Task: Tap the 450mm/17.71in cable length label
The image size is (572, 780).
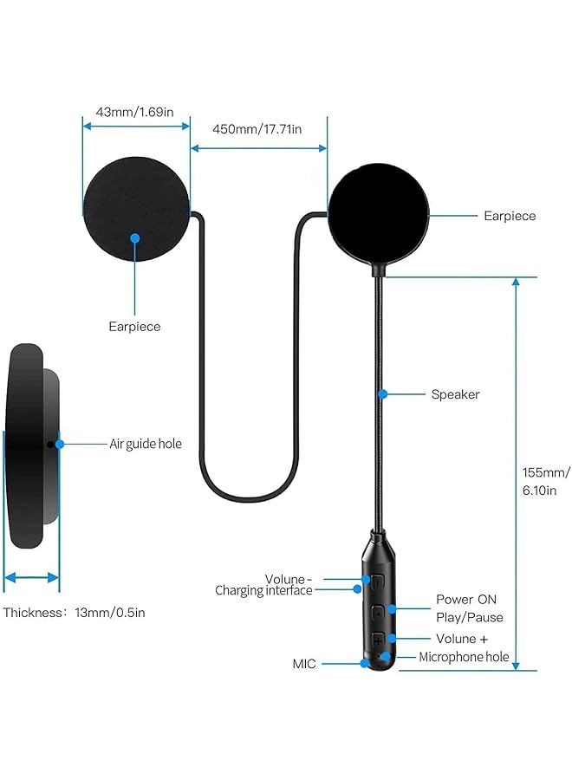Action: click(258, 129)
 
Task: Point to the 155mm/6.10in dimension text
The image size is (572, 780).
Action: click(545, 480)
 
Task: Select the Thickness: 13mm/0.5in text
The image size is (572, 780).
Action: click(75, 613)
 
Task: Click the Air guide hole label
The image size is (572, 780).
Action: click(146, 444)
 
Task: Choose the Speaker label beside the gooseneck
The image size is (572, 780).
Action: click(455, 394)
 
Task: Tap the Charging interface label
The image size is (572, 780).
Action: click(263, 590)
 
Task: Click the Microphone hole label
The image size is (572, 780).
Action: click(464, 657)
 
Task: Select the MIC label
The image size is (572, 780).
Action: click(304, 664)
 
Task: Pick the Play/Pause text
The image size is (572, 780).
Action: click(469, 617)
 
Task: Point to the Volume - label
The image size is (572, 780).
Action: click(285, 578)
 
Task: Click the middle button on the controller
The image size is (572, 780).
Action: click(379, 609)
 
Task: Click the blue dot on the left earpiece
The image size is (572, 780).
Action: click(134, 237)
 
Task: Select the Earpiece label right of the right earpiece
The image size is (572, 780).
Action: click(510, 216)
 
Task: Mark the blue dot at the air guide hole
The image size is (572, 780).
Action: click(60, 444)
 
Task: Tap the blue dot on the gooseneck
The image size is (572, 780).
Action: click(382, 394)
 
